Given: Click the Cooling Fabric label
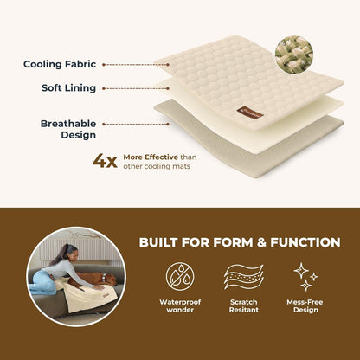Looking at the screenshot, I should (60, 64).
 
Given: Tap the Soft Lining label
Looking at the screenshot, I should (68, 87).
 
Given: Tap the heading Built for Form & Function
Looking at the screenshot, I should (240, 241).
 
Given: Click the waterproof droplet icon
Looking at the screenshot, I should (179, 278).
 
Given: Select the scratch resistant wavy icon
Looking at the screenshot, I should (243, 278).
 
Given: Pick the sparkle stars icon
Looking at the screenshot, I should (305, 277).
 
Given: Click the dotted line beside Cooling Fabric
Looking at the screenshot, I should (134, 64).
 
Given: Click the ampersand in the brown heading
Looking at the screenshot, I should (241, 241).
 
